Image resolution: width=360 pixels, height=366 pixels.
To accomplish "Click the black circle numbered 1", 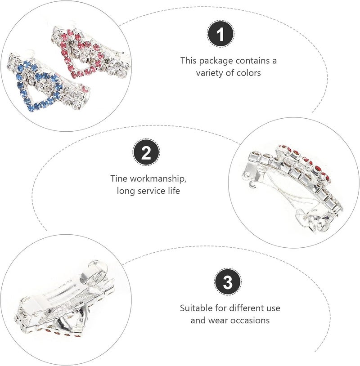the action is click(221, 34).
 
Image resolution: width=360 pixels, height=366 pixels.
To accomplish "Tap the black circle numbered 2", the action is click(147, 152).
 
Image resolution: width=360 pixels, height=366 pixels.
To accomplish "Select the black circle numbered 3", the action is click(228, 282).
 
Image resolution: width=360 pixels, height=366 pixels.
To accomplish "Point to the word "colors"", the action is click(248, 73).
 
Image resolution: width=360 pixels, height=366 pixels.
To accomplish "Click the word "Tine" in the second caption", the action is click(119, 179).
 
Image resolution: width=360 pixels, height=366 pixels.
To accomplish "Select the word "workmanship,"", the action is click(158, 179).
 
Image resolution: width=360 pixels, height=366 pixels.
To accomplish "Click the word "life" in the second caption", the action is click(174, 191).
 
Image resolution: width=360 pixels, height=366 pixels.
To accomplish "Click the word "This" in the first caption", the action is click(188, 61).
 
